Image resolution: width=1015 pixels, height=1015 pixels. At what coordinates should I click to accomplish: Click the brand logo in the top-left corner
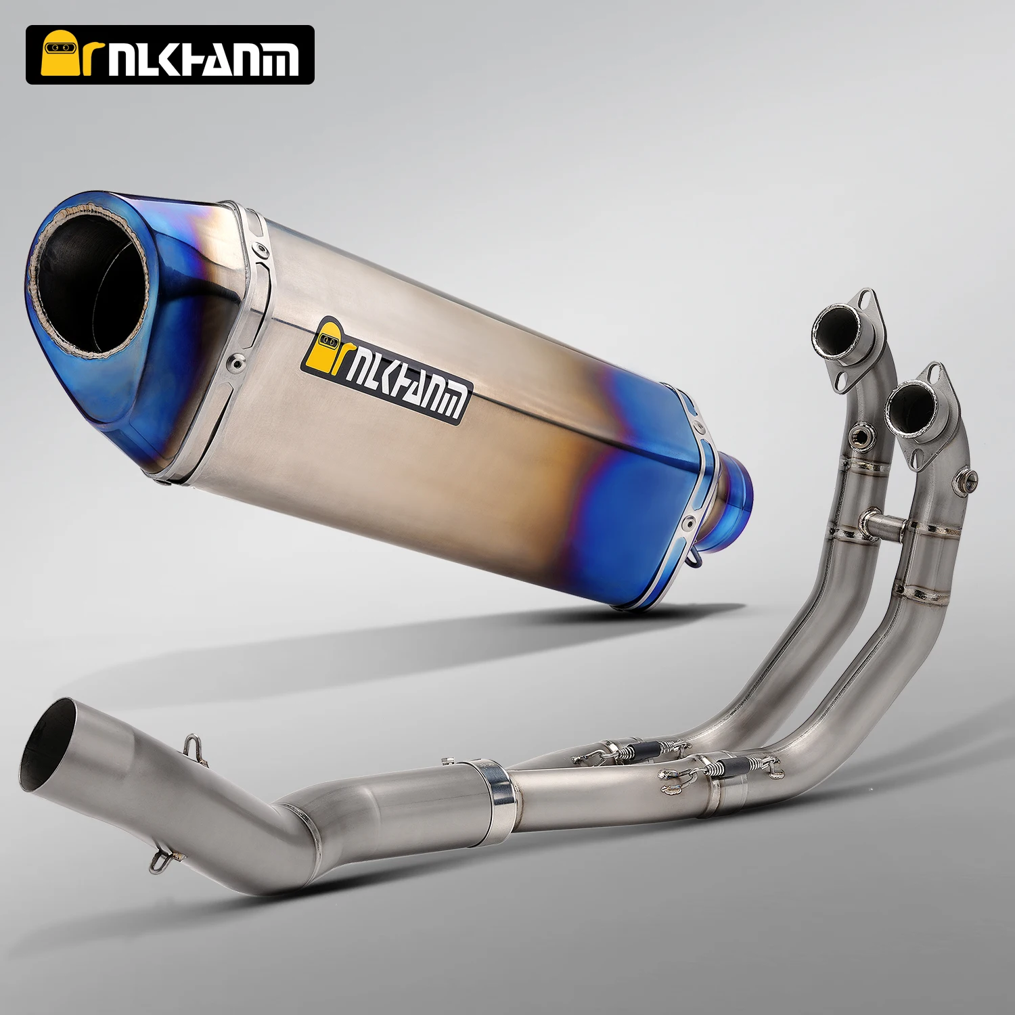pos(170,55)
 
